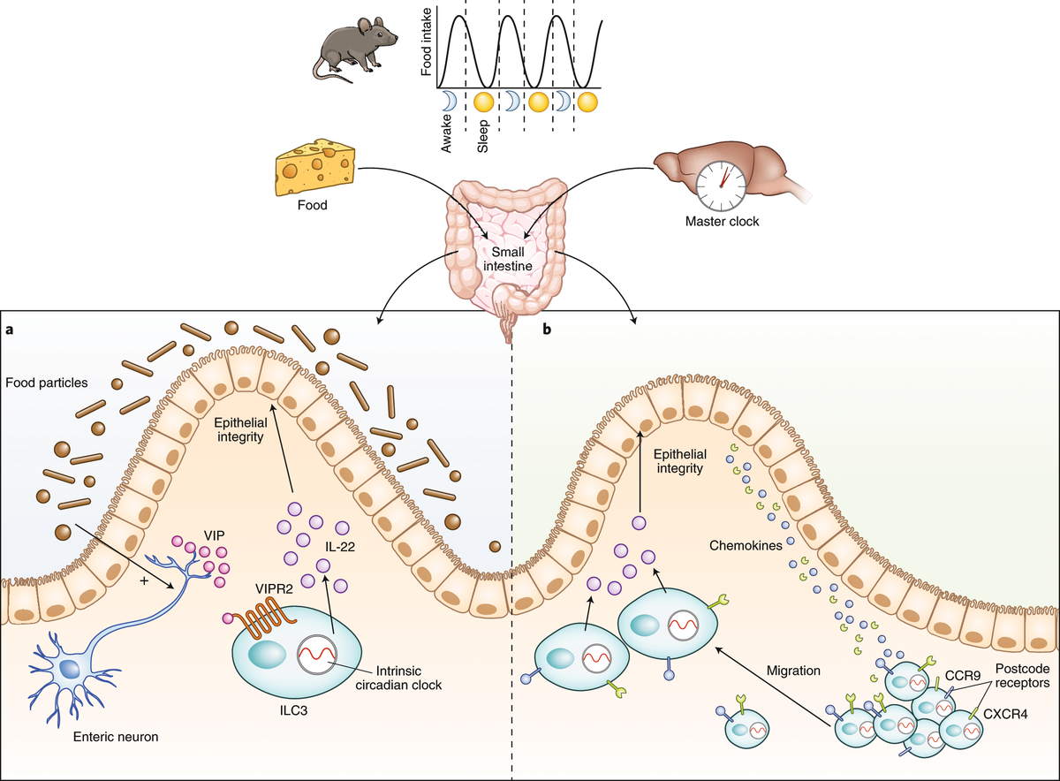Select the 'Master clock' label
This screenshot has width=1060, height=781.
pyautogui.click(x=723, y=222)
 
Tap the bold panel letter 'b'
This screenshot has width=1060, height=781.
pyautogui.click(x=546, y=330)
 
